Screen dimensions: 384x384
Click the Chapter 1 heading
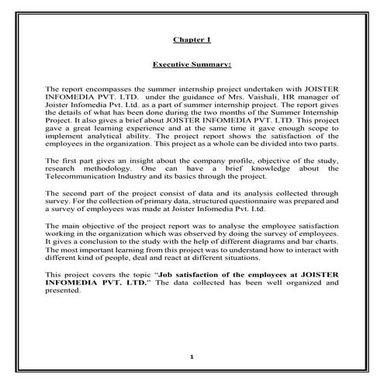pyautogui.click(x=192, y=37)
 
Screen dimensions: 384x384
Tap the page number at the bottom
pyautogui.click(x=192, y=356)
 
